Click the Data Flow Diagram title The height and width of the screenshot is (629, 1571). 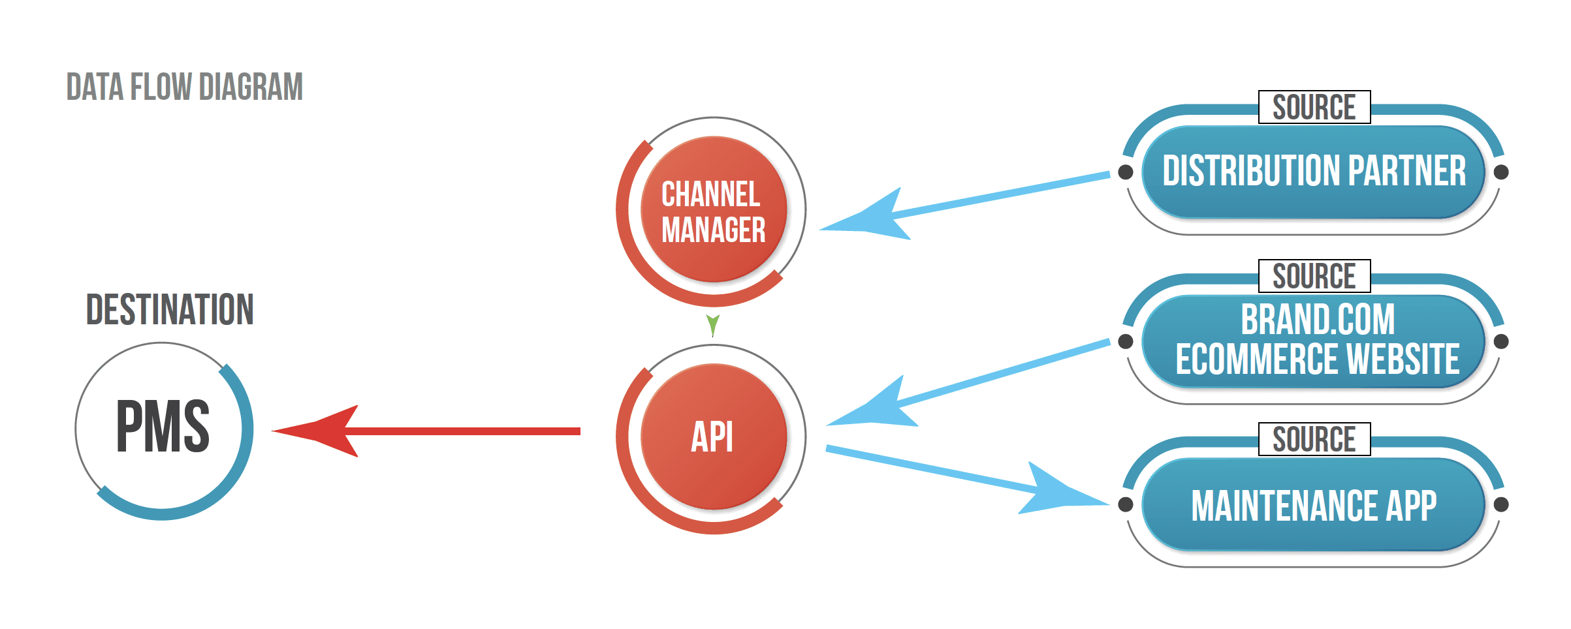point(185,87)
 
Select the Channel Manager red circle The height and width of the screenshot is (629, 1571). point(713,210)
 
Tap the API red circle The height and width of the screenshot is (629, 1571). point(713,437)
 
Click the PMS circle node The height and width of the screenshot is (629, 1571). point(163,429)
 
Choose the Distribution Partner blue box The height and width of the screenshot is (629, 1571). point(1314,172)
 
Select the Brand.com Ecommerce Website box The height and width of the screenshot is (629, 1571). point(1314,341)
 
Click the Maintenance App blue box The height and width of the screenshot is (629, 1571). point(1314,504)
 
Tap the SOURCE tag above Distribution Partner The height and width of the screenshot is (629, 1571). point(1314,107)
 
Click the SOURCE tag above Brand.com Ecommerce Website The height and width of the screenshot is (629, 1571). point(1314,276)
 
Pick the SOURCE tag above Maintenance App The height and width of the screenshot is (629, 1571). point(1314,439)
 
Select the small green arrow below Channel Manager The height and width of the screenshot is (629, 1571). point(713,324)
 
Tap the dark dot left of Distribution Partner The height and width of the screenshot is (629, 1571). point(1126,172)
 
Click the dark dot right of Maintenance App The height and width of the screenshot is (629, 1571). point(1501,504)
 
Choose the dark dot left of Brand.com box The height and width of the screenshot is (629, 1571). point(1126,341)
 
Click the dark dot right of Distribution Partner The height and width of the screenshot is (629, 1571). point(1501,172)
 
